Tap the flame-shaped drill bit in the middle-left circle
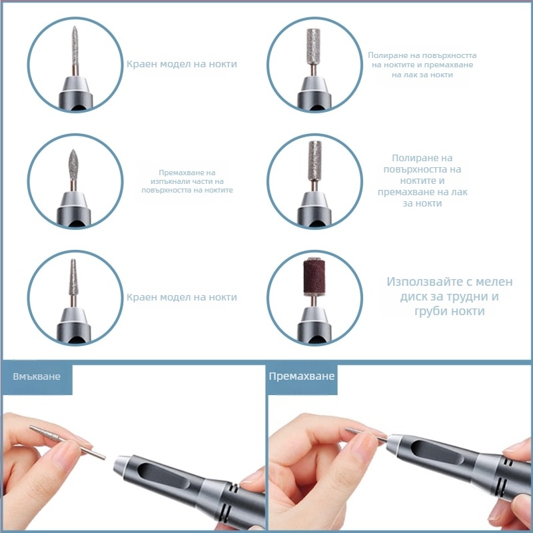[x=73, y=165]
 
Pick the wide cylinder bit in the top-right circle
[x=313, y=46]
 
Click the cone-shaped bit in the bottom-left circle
[x=73, y=277]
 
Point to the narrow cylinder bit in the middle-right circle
[x=314, y=161]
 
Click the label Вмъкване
[x=37, y=376]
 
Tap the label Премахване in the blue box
[x=302, y=376]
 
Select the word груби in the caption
[x=430, y=311]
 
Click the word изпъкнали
[x=165, y=181]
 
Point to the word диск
[x=412, y=296]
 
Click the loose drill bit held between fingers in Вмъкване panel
[x=67, y=442]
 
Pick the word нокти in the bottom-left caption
[x=223, y=297]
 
